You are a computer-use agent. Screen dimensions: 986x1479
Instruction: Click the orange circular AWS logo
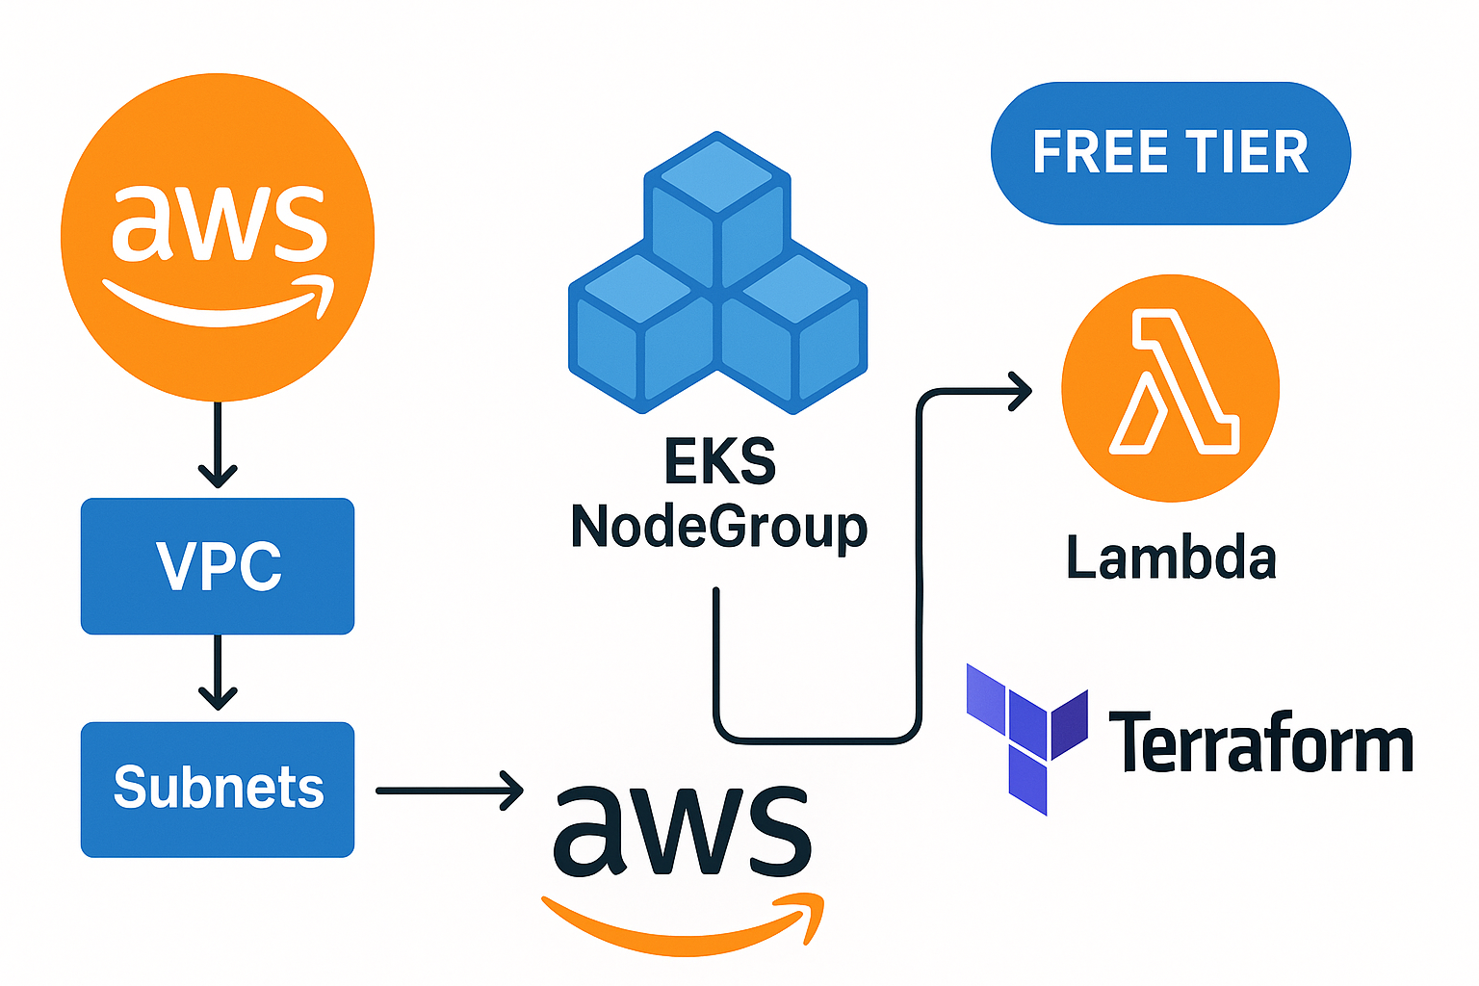coord(218,237)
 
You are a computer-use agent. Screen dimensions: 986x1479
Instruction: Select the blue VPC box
coord(218,566)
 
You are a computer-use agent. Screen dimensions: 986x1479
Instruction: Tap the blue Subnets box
coord(218,789)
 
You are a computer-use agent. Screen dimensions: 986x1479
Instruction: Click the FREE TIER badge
coord(1170,153)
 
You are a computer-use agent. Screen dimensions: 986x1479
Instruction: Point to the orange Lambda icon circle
coord(1171,388)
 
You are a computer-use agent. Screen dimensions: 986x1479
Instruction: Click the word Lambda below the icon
coord(1171,559)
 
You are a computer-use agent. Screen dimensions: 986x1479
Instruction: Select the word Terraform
coord(1259,743)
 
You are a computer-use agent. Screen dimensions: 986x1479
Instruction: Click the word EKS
coord(720,462)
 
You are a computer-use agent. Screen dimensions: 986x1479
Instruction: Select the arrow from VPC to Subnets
coord(218,673)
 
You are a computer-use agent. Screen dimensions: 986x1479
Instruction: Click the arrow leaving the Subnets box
coord(448,791)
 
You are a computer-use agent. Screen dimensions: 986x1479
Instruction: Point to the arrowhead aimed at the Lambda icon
coord(1021,391)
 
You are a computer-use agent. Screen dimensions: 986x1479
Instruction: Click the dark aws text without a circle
coord(682,830)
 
